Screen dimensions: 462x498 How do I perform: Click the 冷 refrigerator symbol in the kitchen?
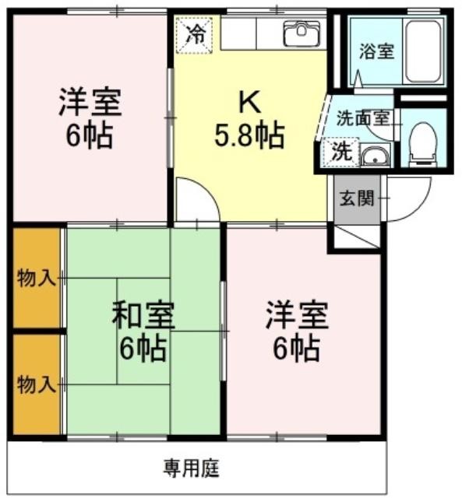point(194,35)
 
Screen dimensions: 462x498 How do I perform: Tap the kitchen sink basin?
point(302,33)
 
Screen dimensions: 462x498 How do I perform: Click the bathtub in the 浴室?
point(423,51)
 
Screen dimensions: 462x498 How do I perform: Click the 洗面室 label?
point(363,118)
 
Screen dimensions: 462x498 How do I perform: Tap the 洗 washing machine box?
point(340,152)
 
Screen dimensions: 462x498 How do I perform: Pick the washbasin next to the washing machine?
point(376,155)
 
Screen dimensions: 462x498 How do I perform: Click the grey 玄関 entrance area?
point(357,198)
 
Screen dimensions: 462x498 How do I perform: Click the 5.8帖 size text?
point(249,136)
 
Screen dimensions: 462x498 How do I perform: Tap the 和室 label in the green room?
point(143,315)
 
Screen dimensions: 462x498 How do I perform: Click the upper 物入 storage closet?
point(37,278)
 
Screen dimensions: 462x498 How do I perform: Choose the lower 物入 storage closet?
point(37,384)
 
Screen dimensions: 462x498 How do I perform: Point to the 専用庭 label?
point(191,468)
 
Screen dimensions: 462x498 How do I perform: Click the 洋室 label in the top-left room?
point(90,102)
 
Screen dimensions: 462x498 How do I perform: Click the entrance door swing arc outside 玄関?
point(417,208)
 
